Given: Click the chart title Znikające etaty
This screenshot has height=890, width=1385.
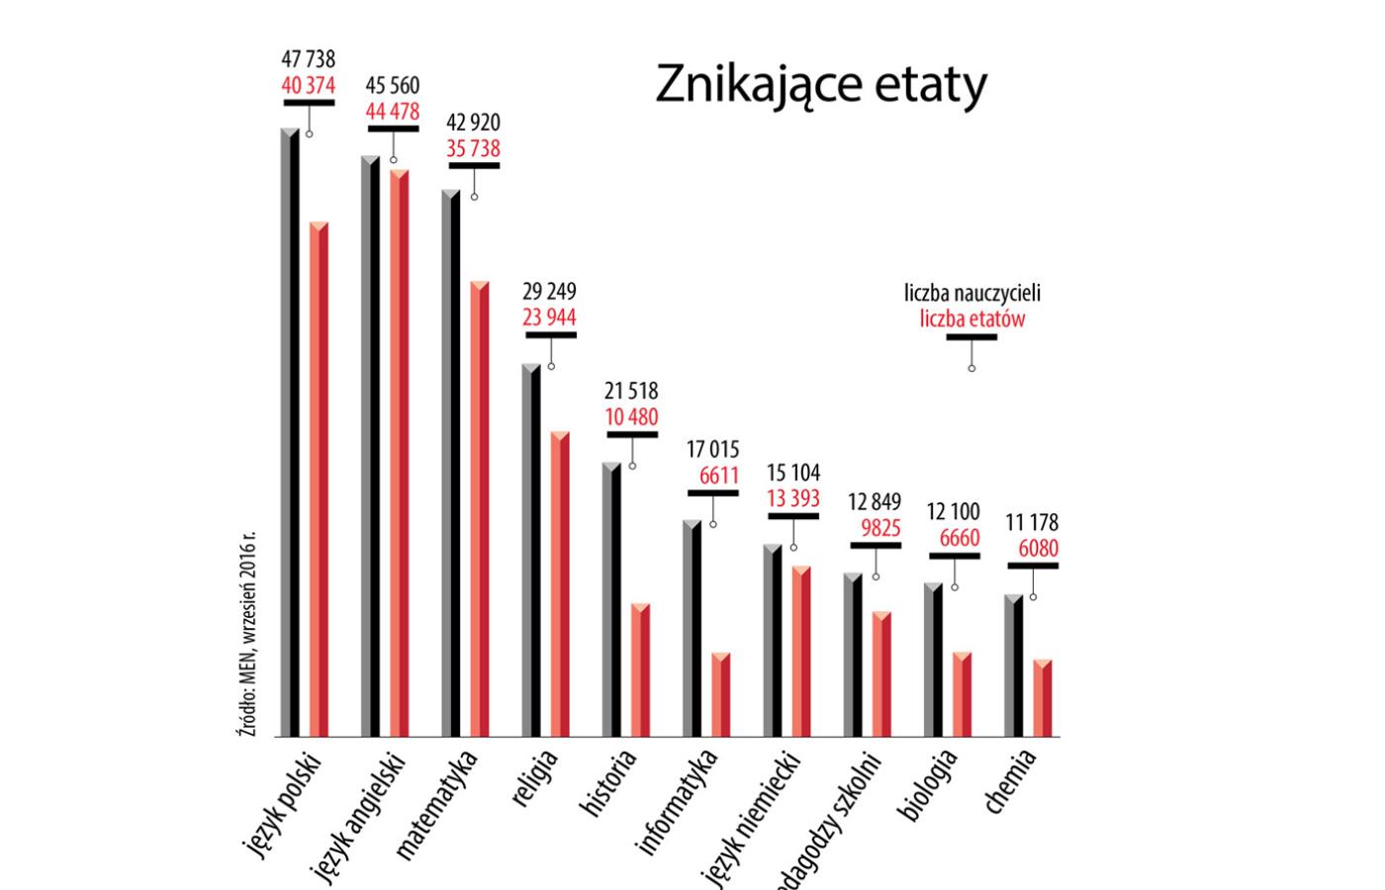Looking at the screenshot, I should click(820, 85).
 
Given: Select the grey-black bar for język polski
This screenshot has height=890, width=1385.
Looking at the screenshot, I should click(290, 435).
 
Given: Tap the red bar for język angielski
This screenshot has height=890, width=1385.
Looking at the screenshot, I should click(399, 455).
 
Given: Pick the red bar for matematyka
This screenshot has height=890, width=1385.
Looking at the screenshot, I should click(480, 509).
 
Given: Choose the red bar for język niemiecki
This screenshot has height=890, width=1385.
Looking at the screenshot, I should click(801, 653).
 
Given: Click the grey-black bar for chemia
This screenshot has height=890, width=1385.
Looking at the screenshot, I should click(1014, 667).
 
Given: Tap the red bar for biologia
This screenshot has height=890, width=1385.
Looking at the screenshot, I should click(963, 695).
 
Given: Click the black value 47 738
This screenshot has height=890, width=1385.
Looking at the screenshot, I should click(308, 60).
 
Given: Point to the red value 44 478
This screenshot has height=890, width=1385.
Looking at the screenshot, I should click(393, 112).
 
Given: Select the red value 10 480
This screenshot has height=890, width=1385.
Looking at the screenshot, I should click(631, 417).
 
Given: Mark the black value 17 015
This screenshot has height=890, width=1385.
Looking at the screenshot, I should click(712, 450).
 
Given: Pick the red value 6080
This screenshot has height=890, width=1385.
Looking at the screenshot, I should click(1038, 548).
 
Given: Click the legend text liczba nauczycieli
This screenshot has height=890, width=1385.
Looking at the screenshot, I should click(971, 293).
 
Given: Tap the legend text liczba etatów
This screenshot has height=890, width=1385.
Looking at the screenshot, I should click(971, 318).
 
